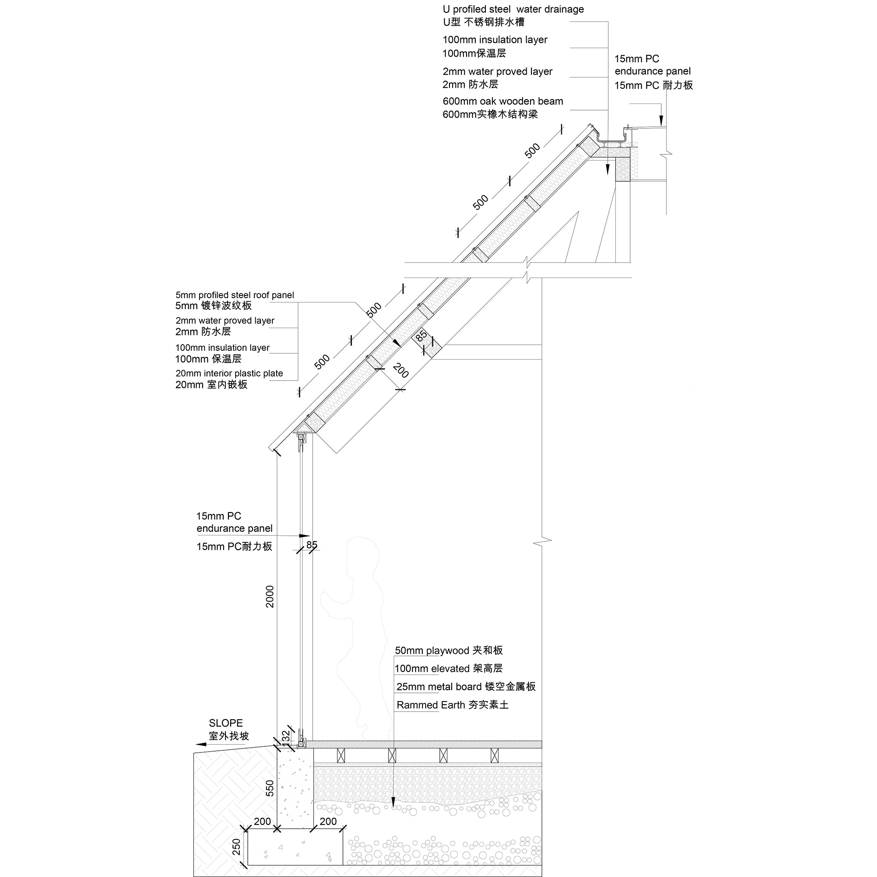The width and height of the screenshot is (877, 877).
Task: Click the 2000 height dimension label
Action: point(270,596)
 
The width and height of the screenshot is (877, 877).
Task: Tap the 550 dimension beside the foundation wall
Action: point(270,788)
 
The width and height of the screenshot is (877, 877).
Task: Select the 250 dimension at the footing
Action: point(236,847)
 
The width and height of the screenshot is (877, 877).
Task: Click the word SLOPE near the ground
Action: point(225,723)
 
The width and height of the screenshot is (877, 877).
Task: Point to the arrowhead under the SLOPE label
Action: point(200,745)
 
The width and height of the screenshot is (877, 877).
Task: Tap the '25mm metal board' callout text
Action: point(439,687)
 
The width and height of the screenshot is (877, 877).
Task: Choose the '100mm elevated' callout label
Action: point(426,669)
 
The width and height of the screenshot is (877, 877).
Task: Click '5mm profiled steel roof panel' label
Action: point(235,295)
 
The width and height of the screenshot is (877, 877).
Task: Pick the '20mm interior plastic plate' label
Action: point(229,373)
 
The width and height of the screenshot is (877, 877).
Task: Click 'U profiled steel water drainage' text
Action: point(513,10)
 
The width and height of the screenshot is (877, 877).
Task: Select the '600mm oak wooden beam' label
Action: point(503,101)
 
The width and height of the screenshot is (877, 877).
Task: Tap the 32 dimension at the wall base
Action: point(285,736)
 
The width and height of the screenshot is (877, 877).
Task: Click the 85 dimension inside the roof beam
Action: point(421,336)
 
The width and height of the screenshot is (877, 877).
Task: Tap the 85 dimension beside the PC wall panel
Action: point(312,544)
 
